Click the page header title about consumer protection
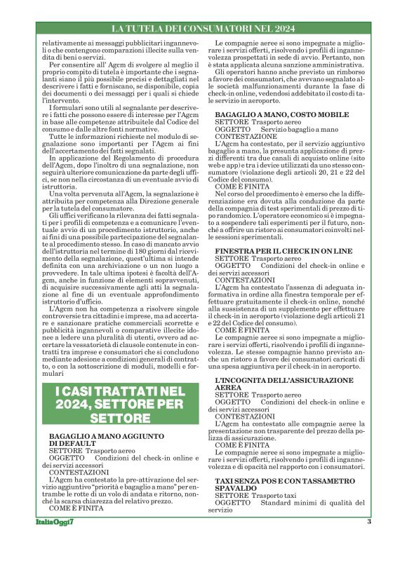point(203,29)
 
